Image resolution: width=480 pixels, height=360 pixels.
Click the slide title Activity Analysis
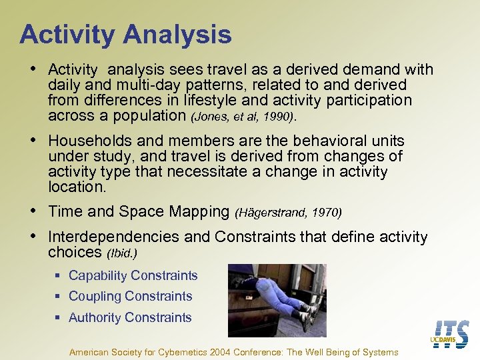(x=125, y=34)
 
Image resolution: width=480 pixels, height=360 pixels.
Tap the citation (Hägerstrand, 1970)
(x=288, y=213)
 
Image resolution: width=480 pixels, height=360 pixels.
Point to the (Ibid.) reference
(x=122, y=253)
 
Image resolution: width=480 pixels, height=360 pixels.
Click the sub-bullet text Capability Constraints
(x=133, y=275)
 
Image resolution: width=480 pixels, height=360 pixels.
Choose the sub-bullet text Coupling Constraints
(x=130, y=296)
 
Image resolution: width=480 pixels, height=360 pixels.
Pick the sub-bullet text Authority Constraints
(x=130, y=317)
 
